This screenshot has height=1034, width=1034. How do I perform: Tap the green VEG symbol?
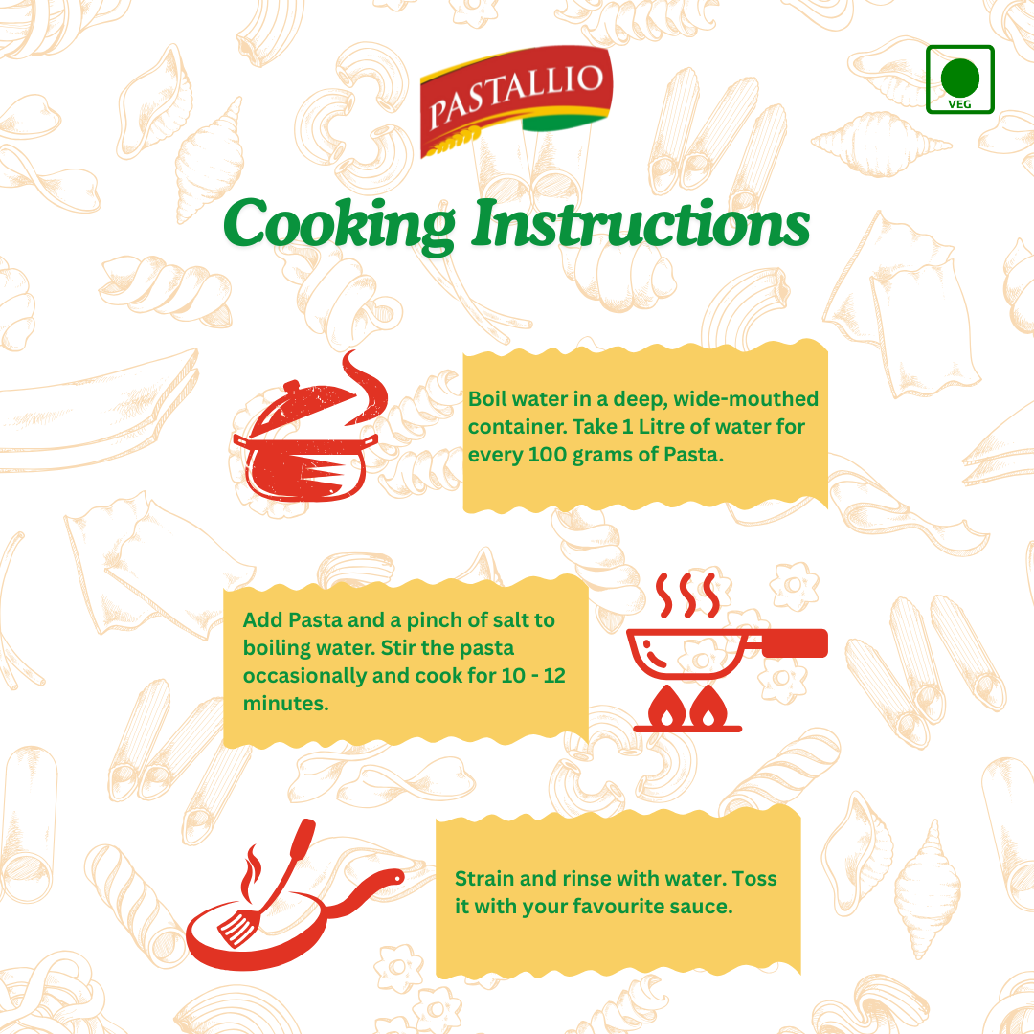pos(959,79)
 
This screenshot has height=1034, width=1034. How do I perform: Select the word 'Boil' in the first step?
pos(487,398)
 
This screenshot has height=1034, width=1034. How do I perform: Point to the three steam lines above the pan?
pos(688,596)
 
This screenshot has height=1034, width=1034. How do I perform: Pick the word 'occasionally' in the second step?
pos(300,675)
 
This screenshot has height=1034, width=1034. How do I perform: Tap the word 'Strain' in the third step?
pos(485,878)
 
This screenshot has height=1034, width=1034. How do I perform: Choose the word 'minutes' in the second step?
pos(283,703)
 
